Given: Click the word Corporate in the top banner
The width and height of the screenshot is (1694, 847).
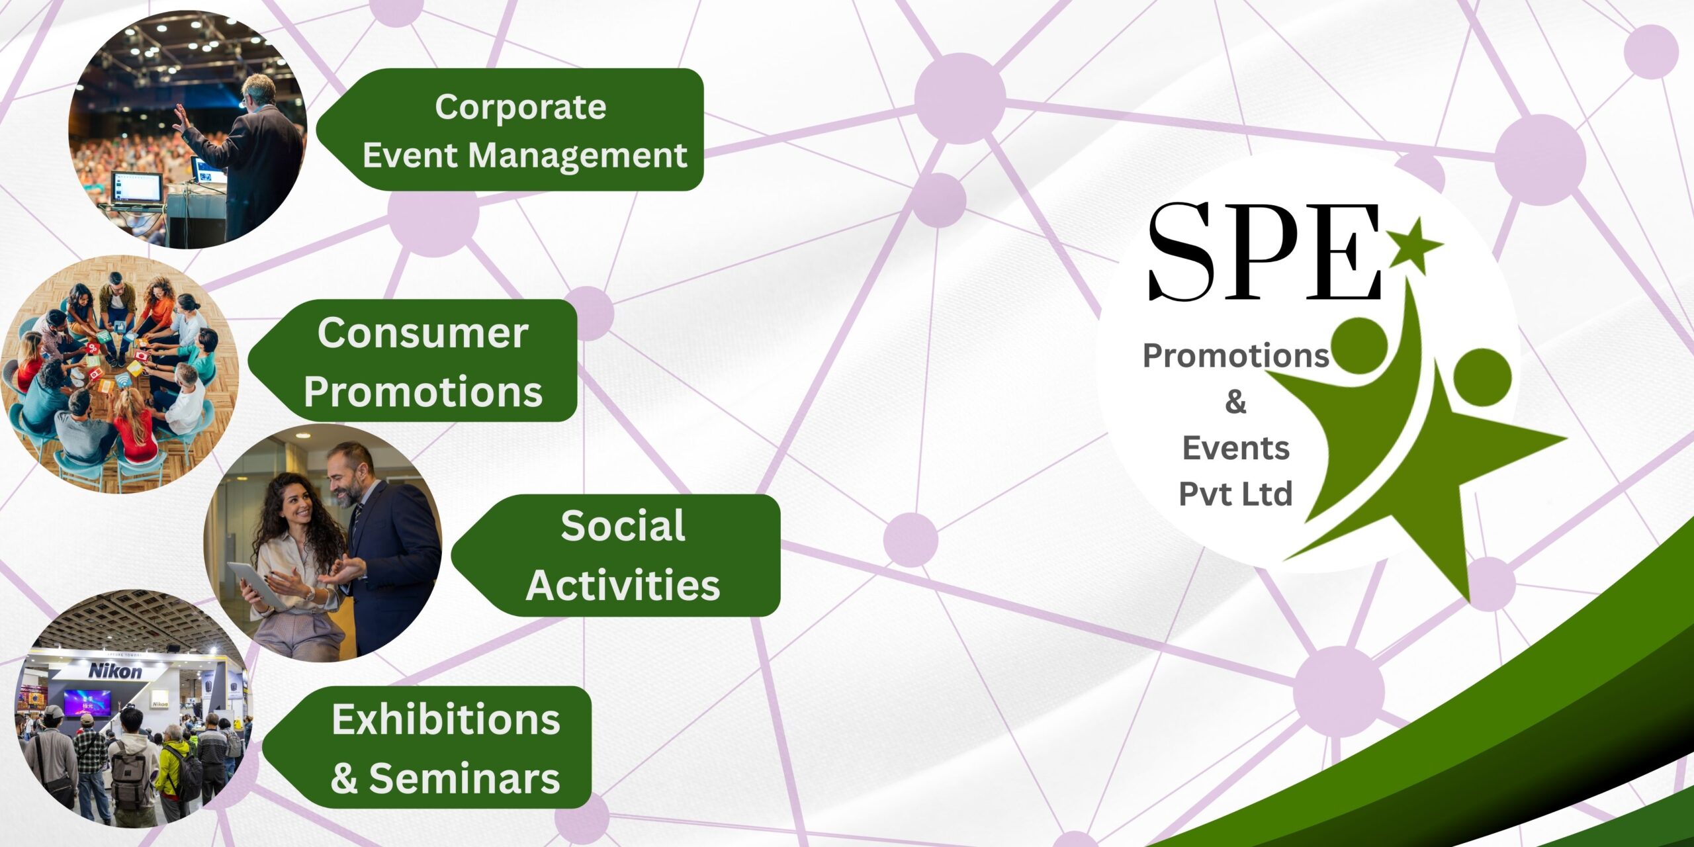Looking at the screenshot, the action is tap(520, 108).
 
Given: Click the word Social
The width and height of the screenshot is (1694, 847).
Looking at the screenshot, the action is tap(623, 526).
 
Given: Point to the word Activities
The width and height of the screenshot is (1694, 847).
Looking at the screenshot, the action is tap(623, 585).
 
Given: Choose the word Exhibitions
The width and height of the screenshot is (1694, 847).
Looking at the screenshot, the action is tap(446, 719).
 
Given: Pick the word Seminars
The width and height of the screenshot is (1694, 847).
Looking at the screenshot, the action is tap(465, 778).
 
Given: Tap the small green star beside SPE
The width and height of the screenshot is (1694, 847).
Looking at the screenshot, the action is tap(1413, 244).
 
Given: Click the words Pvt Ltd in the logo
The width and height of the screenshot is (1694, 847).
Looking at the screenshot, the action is tap(1235, 494).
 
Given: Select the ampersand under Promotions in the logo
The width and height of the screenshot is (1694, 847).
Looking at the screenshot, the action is tap(1235, 402).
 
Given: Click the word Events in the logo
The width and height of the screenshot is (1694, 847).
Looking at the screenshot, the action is tap(1235, 448).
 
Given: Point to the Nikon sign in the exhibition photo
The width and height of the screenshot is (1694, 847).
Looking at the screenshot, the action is tap(115, 671).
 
